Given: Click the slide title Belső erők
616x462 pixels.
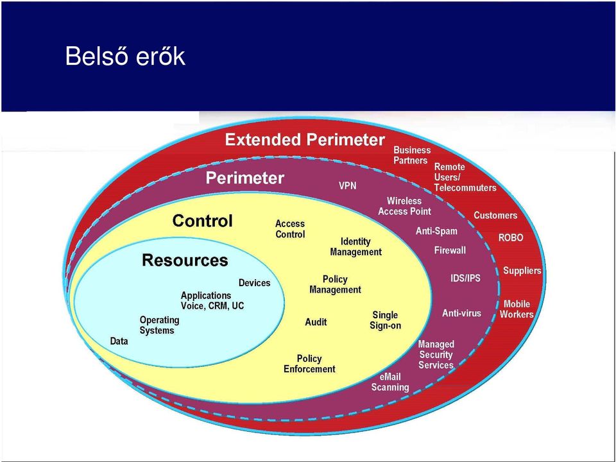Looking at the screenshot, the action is (125, 56).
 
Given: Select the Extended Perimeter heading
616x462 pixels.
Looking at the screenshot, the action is (305, 140).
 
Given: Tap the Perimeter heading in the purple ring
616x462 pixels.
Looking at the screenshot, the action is (244, 178).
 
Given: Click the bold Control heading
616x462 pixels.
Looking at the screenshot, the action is (202, 221).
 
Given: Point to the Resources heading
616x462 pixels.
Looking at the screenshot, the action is (185, 260).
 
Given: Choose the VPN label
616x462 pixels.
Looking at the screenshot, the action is (348, 185).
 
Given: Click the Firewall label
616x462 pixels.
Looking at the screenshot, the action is (450, 250).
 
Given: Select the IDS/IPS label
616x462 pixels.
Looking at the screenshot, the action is (465, 278).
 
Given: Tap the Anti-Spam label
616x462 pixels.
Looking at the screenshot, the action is (436, 231).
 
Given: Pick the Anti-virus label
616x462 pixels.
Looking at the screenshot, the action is (461, 313).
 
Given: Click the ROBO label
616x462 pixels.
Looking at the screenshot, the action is (511, 237).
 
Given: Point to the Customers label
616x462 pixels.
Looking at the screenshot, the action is (495, 216).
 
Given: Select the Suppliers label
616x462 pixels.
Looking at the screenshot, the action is (522, 271).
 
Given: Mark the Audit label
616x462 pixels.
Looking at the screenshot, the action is (316, 322).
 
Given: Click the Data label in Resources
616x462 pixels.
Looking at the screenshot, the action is (119, 341).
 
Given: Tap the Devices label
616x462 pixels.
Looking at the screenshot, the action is (254, 283).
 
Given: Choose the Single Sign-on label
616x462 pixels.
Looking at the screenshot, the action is (386, 320).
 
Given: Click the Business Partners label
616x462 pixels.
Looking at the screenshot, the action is (412, 155).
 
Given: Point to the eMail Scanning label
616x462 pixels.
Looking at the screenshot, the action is (390, 382).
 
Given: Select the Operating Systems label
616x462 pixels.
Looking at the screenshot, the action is (160, 325).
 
